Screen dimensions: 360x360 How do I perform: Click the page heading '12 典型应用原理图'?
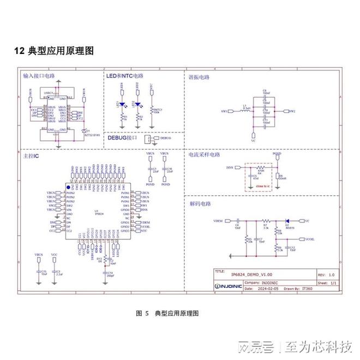[54, 51]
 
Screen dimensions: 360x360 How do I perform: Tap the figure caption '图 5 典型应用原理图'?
[167, 313]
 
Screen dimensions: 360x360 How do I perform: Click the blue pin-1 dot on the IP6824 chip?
[68, 187]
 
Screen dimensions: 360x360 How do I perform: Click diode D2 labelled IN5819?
[287, 221]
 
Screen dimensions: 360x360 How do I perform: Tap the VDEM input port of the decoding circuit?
[219, 221]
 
